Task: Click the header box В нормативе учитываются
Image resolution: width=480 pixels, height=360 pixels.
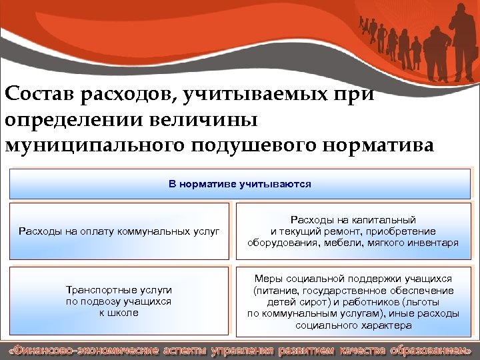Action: click(239, 184)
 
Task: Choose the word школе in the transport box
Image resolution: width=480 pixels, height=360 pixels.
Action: click(125, 312)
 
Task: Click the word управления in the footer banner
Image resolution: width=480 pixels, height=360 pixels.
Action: click(243, 350)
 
